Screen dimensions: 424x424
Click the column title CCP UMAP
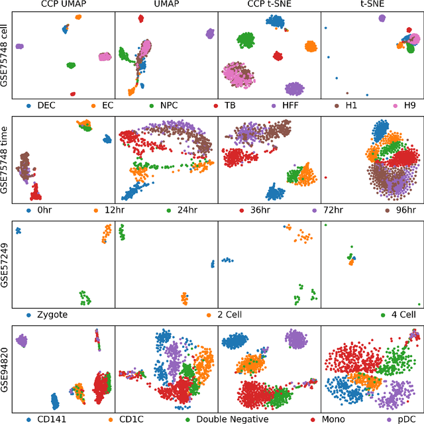pyautogui.click(x=64, y=5)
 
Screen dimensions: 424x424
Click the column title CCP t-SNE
pyautogui.click(x=269, y=5)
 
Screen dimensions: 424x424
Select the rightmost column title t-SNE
pyautogui.click(x=372, y=5)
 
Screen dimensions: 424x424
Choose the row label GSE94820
pyautogui.click(x=5, y=366)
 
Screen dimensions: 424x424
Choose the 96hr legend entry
pyautogui.click(x=405, y=210)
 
